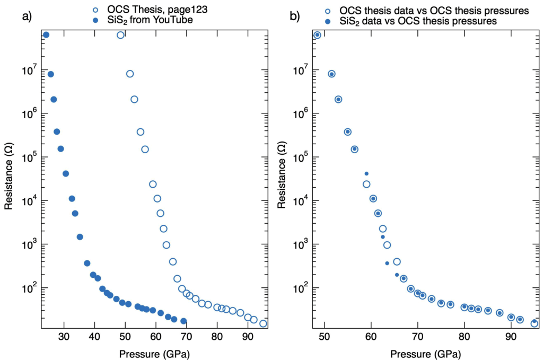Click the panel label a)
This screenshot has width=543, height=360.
click(x=27, y=16)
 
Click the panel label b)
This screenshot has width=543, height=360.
click(x=295, y=16)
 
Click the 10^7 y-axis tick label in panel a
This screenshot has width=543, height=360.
click(x=29, y=69)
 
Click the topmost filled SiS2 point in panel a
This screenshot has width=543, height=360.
click(x=46, y=35)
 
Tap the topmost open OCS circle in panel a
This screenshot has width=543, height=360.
click(x=120, y=35)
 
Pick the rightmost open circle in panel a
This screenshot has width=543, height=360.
click(x=263, y=323)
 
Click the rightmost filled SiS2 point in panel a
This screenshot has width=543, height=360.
click(x=183, y=321)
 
